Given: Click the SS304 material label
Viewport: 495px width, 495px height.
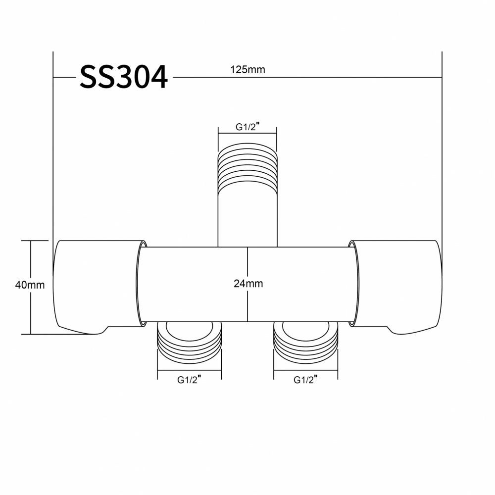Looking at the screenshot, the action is [123, 77].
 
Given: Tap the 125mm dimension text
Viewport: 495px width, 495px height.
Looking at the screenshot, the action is [247, 69].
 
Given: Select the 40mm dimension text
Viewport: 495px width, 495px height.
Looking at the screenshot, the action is [30, 285].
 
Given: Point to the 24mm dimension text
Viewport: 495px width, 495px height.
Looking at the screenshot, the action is [248, 284].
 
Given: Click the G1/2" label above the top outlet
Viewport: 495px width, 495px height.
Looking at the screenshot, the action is [247, 127].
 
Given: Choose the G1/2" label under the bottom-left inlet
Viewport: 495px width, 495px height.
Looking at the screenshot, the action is [189, 380].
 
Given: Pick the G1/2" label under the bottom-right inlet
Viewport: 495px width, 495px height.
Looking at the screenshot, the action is [305, 380].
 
